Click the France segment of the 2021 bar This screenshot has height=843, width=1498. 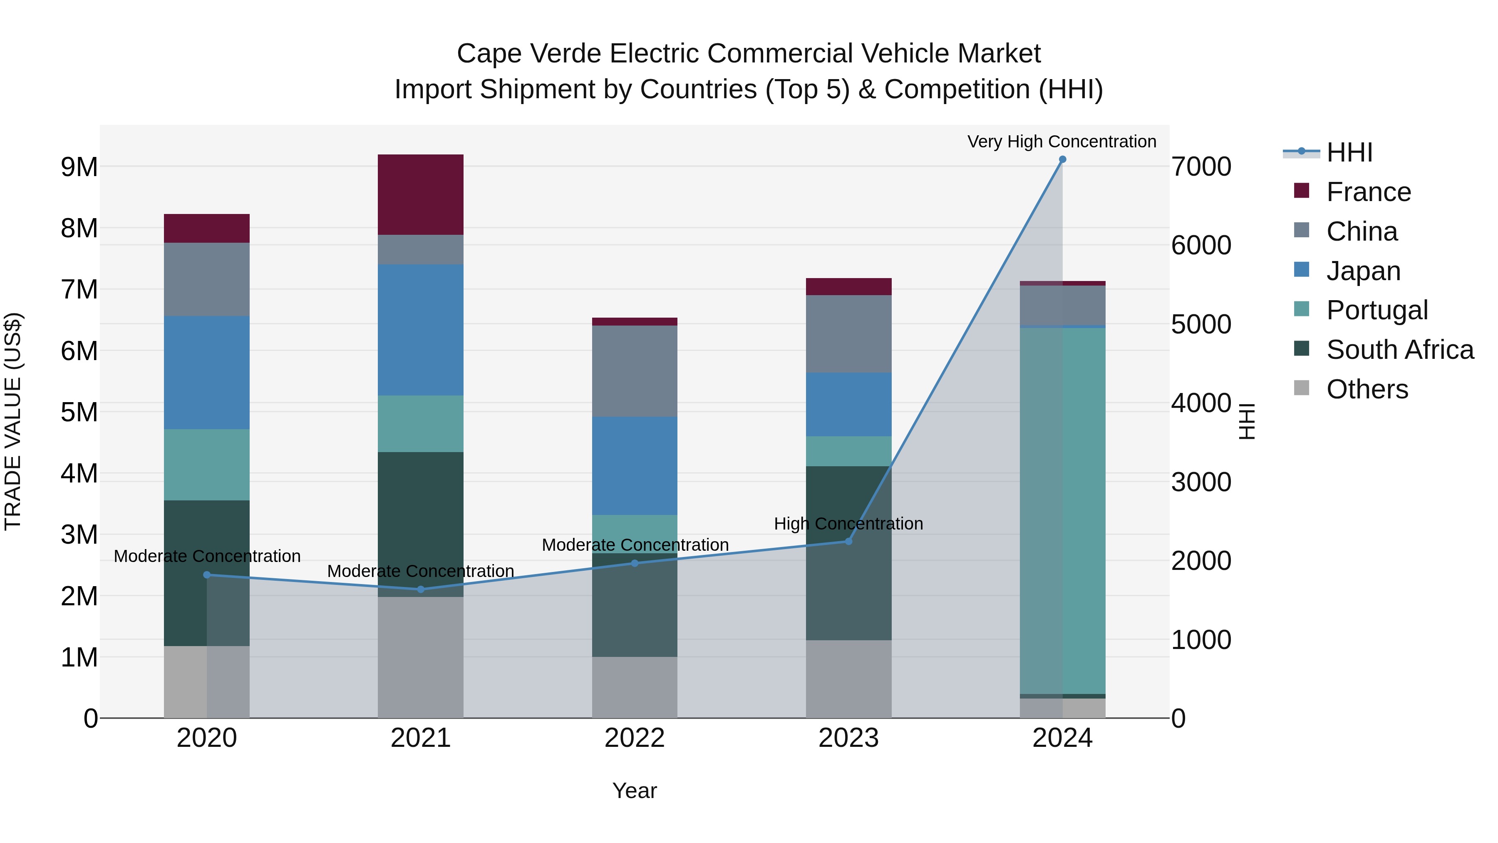420,194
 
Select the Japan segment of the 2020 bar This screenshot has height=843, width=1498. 206,372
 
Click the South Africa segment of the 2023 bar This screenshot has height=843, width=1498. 848,553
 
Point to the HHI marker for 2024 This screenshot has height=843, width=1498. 1062,159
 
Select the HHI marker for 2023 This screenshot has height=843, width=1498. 848,541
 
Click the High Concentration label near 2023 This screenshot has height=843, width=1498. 848,524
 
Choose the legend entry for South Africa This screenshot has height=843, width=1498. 1400,350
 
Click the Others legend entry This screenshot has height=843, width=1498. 1367,389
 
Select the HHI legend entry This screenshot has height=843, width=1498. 1349,152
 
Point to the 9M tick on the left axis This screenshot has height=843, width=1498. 79,167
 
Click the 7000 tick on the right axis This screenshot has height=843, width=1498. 1201,167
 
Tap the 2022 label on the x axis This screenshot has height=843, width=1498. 635,738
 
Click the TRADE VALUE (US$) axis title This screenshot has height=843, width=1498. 13,421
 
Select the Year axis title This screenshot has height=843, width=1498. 635,791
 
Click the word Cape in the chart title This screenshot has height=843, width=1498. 488,54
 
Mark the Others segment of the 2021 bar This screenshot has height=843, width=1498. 420,657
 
